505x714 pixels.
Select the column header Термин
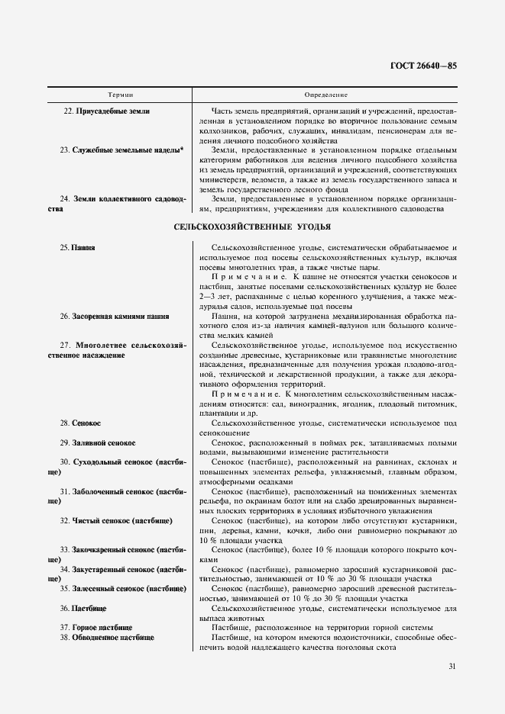121,95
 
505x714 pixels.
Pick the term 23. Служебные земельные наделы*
121,150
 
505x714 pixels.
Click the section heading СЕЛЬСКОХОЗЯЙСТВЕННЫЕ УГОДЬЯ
252,227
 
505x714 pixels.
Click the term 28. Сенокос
80,423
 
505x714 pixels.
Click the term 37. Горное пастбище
95,628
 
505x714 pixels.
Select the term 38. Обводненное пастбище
107,638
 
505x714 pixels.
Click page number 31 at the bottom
452,666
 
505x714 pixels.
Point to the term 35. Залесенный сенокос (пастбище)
123,589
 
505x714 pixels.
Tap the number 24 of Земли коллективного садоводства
64,199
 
